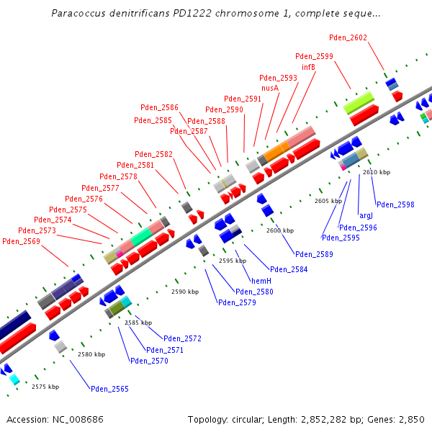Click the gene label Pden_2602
(348, 37)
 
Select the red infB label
(309, 67)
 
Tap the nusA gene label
(270, 88)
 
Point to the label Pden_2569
(21, 241)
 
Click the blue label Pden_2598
(395, 204)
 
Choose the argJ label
(366, 215)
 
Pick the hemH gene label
(261, 280)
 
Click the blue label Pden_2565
(109, 389)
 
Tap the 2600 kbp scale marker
(280, 230)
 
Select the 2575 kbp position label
(45, 387)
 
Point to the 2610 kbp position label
(377, 172)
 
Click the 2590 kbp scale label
(185, 292)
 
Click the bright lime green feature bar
(358, 102)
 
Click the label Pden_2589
(314, 254)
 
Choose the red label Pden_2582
(153, 154)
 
